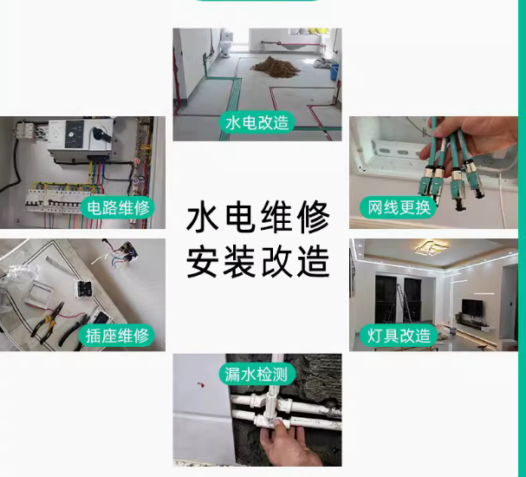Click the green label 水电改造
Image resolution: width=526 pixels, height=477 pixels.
257,122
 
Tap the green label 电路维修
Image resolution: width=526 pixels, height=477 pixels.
118,208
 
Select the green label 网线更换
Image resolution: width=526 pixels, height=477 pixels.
399,208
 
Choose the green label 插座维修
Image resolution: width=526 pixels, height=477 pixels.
117,336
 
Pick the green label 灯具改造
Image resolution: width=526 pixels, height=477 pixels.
399,336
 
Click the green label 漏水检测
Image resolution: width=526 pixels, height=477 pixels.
257,374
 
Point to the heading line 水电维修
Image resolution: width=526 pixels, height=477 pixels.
258,217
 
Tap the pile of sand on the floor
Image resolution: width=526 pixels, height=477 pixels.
275,65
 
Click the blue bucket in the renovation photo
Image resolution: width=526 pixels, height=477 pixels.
334,72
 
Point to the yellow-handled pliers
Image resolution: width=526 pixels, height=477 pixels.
47,323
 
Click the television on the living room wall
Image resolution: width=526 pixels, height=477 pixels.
472,308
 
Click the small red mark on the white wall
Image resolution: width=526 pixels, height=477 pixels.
200,384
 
